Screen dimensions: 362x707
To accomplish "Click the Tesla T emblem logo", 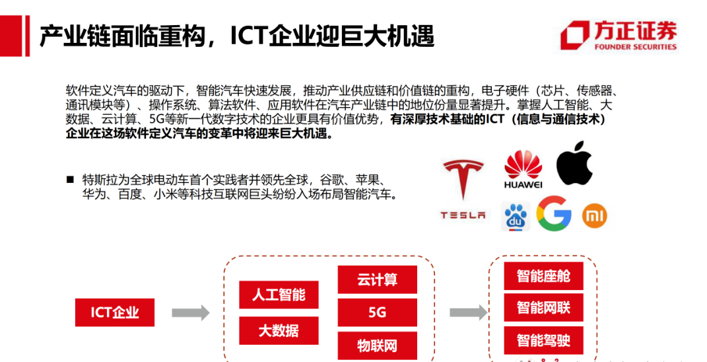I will pos(463,178).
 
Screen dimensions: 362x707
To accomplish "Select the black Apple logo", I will pos(574,163).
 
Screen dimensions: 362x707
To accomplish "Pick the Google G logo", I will pos(553,214).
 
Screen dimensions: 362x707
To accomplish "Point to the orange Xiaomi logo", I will pos(594,215).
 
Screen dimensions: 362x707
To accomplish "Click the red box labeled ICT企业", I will pos(115,312).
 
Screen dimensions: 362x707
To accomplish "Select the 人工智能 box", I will pos(279,295).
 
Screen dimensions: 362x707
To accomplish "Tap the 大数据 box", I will pos(279,330).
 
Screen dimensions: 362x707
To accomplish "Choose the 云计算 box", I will pos(378,279).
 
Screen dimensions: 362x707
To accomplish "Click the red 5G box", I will pos(378,312).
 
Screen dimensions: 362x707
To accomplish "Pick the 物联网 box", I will pos(378,345).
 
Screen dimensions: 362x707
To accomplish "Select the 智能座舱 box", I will pos(543,275).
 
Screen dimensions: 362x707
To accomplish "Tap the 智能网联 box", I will pos(543,308).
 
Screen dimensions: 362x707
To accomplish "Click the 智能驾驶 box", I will pos(543,341).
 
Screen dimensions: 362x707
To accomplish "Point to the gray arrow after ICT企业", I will pos(190,312).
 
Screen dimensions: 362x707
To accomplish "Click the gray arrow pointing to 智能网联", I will pos(467,312).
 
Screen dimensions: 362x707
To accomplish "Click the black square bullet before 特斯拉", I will pos(69,180).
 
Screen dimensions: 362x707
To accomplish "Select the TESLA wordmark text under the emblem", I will pos(463,215).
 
